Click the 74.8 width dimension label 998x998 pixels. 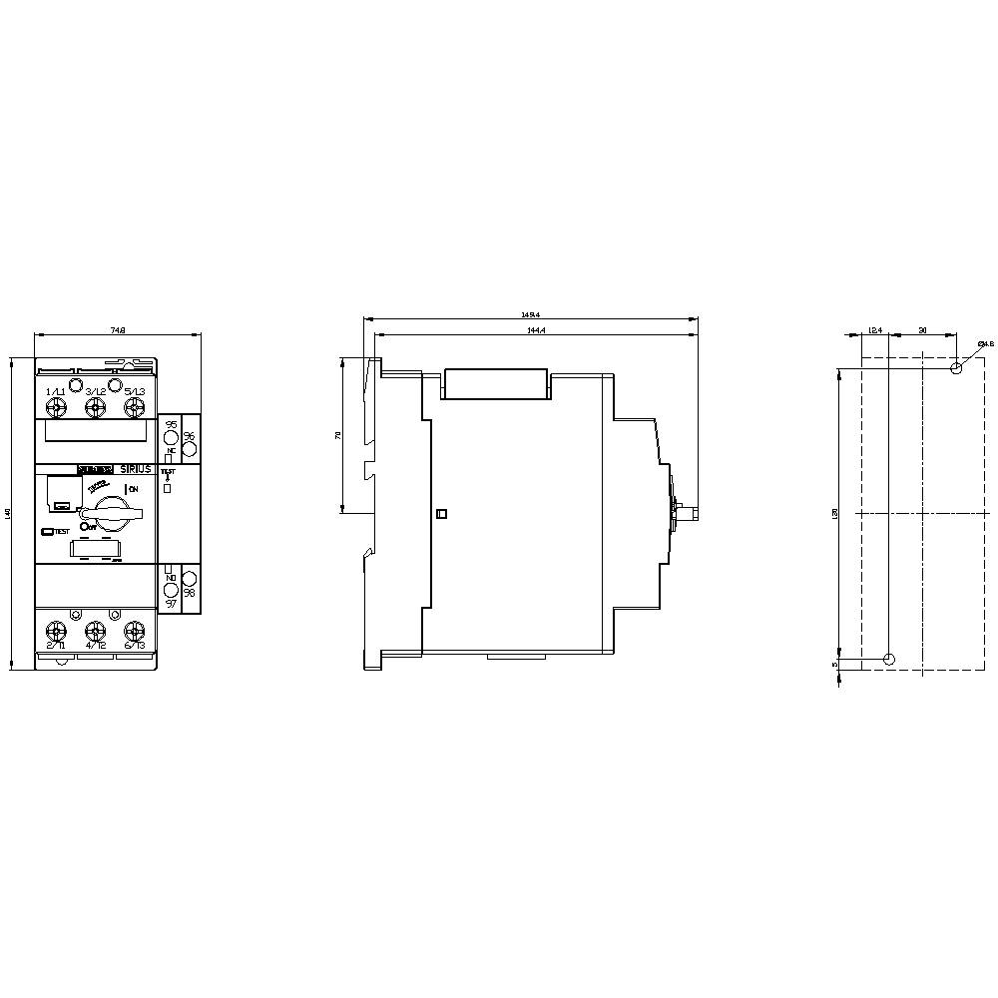(119, 330)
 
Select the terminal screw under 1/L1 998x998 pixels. (56, 407)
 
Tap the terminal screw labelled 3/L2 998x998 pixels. (95, 407)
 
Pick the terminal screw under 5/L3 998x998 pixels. (134, 407)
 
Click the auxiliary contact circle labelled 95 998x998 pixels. (171, 439)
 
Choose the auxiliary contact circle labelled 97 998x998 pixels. (171, 590)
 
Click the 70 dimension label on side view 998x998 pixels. (338, 435)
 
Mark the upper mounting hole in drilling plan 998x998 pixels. (957, 368)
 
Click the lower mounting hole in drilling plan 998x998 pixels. (890, 659)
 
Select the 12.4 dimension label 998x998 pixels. (874, 329)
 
